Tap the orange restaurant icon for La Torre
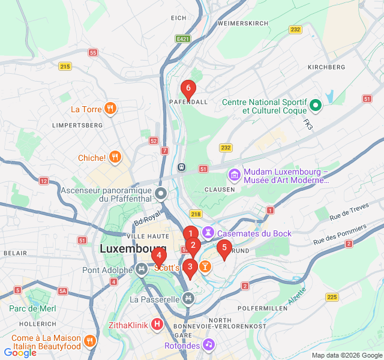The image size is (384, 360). click(110, 109)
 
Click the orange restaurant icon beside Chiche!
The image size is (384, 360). click(115, 158)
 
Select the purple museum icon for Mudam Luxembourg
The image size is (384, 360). click(234, 175)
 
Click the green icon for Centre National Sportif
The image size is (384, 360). click(316, 107)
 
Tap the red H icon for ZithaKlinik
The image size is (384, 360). click(157, 325)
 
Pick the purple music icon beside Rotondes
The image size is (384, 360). click(208, 344)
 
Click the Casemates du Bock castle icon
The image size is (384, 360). click(208, 232)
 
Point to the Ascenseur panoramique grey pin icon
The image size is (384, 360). click(161, 193)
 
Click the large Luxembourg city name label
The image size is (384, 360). click(133, 248)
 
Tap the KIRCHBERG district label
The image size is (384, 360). click(326, 67)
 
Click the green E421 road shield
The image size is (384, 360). click(183, 38)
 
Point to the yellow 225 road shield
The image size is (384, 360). click(332, 297)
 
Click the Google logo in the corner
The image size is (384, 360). click(20, 353)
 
